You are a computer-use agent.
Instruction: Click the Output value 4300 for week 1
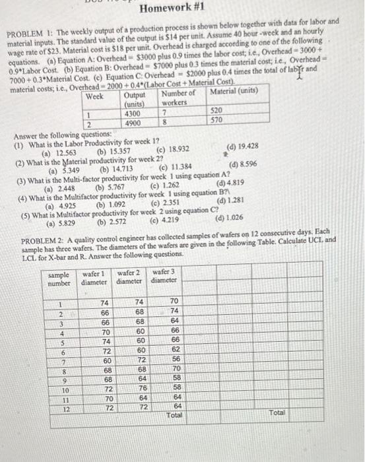[134, 113]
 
